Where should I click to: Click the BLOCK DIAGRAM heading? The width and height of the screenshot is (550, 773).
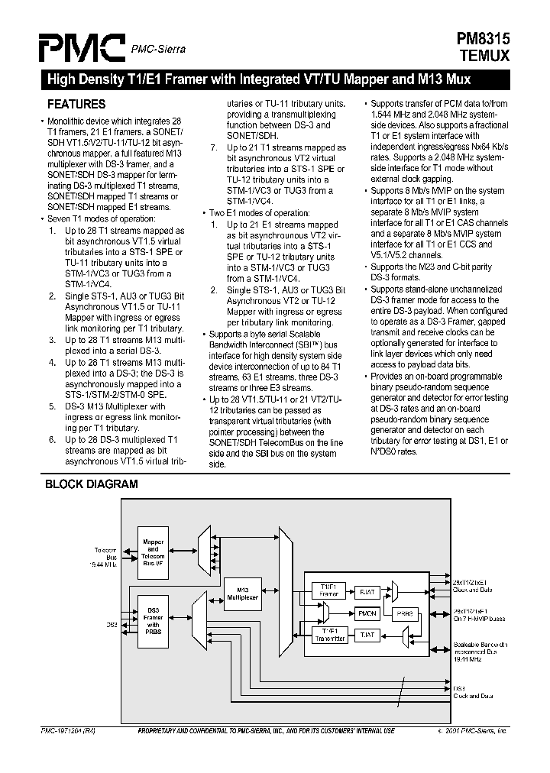tap(91, 484)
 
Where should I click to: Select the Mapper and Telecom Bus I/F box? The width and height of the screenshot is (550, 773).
tap(154, 549)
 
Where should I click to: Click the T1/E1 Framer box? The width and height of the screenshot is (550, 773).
tap(329, 590)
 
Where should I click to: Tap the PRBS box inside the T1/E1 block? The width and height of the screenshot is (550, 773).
tap(405, 613)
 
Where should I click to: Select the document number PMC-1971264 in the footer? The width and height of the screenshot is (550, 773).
tap(68, 731)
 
